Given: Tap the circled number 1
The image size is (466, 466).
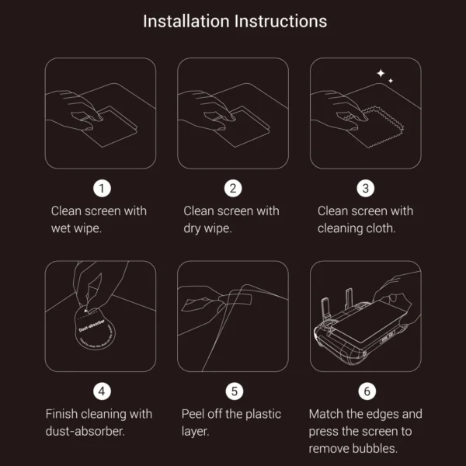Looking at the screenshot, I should pos(100,189).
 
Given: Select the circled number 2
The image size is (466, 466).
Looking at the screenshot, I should pos(233,189).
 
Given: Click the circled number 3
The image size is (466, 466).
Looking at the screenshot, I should pos(366,189).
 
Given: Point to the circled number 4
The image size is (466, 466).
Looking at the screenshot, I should pos(100,391).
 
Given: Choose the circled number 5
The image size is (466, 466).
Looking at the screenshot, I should pos(233,391).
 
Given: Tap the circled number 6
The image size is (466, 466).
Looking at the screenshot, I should pos(366,391).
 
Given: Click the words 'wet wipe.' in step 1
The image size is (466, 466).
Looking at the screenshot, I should pos(77,228).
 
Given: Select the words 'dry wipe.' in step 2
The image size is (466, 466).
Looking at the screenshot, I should pos(208,228).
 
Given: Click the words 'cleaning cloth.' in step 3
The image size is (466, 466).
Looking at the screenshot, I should pos(356,228).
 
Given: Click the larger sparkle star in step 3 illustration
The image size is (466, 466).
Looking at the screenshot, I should pos(381,74).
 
